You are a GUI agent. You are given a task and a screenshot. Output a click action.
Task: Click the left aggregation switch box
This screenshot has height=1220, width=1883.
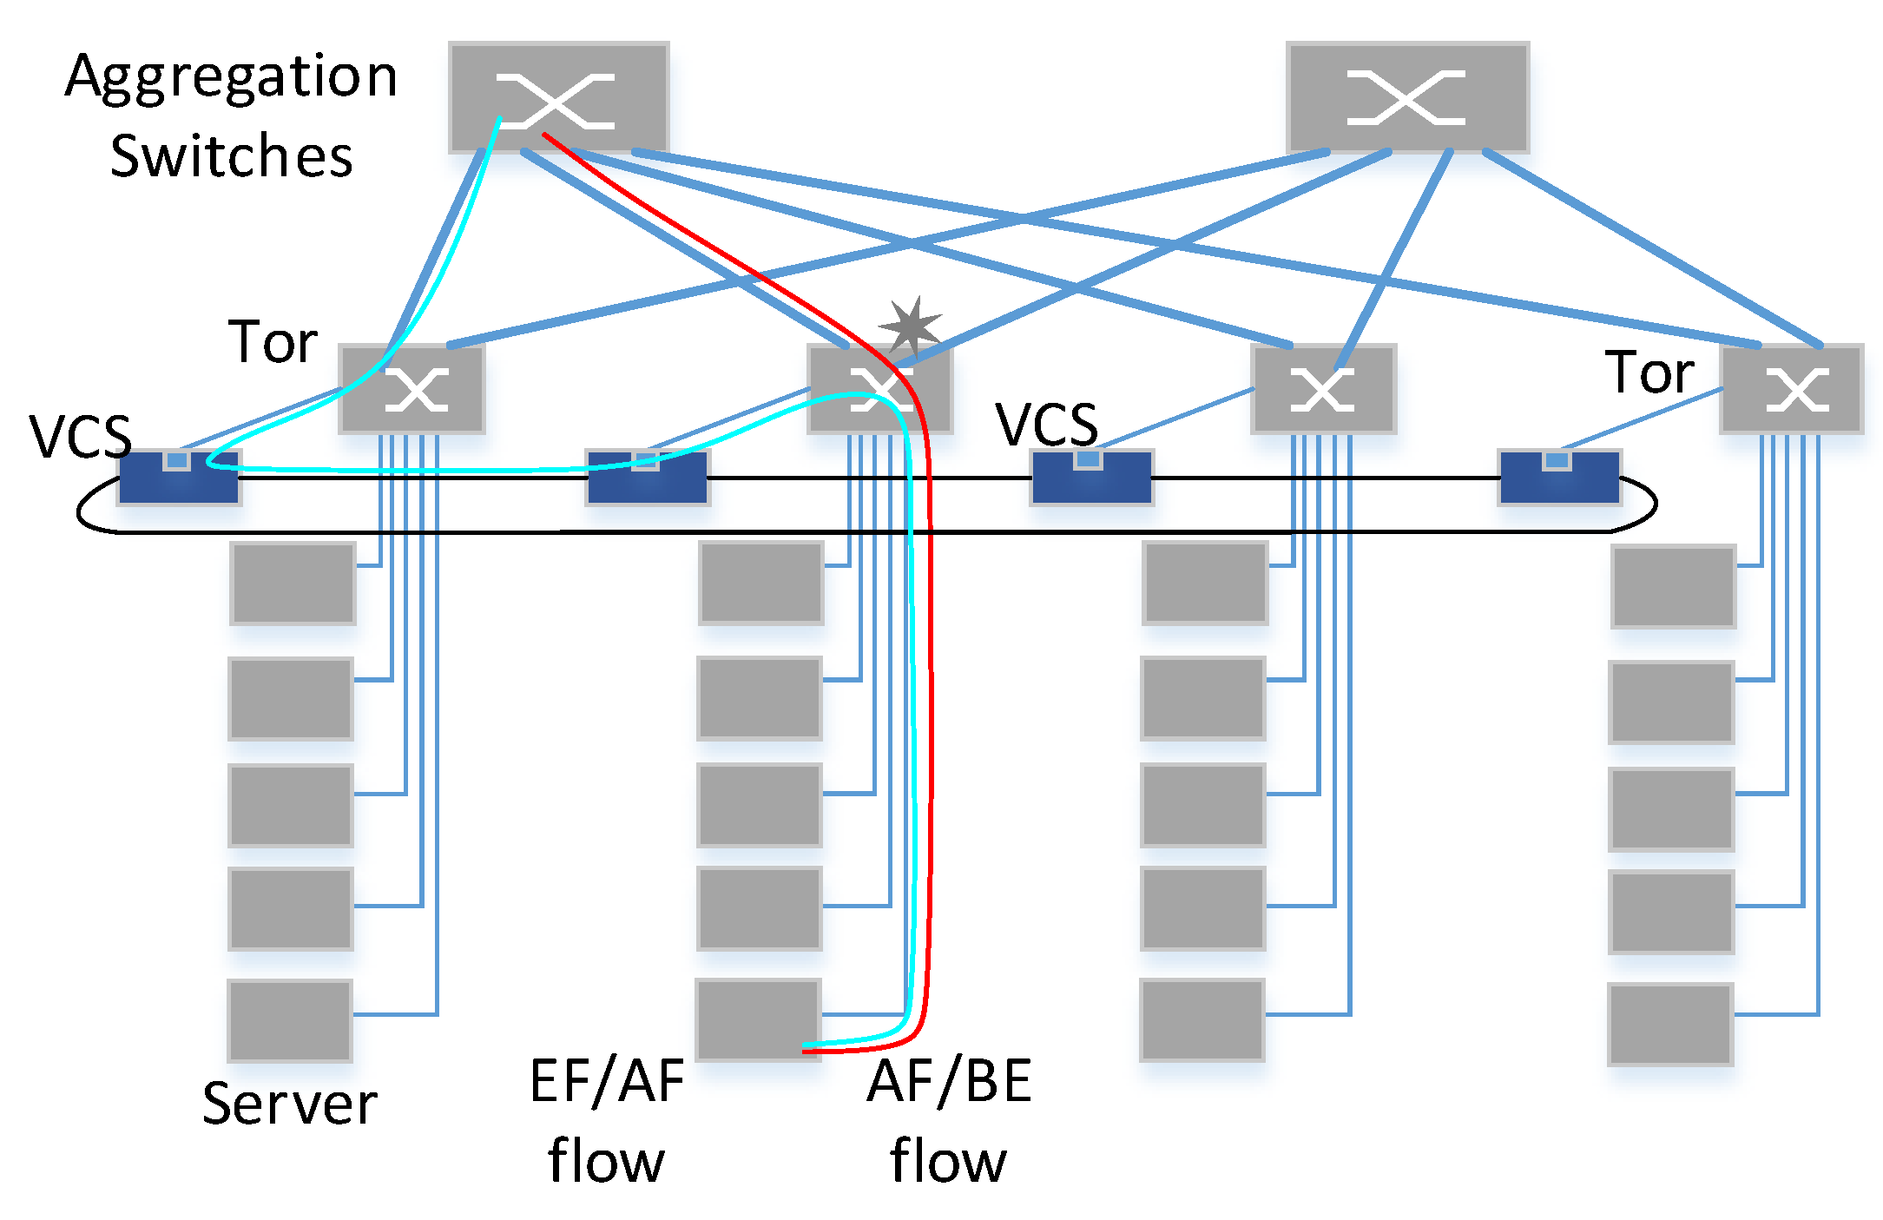tap(558, 97)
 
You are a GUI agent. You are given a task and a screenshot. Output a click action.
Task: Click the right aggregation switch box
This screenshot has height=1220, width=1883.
tap(1406, 97)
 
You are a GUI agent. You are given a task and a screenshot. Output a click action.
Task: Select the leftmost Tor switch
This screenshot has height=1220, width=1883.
tap(412, 388)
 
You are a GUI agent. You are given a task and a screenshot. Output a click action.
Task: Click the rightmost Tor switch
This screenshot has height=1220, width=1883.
tap(1792, 388)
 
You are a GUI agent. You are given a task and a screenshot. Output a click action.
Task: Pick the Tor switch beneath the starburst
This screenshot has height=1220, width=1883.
tap(879, 388)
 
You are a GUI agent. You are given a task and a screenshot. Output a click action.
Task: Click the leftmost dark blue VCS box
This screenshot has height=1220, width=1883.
tap(179, 477)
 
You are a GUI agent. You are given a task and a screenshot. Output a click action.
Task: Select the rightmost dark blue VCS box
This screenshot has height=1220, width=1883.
tap(1559, 477)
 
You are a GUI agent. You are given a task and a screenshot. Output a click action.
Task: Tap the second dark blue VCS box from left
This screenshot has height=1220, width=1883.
tap(648, 477)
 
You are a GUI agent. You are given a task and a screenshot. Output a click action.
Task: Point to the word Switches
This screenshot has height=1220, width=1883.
tap(231, 156)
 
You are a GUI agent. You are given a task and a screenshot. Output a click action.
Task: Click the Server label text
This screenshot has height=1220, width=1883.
tap(289, 1104)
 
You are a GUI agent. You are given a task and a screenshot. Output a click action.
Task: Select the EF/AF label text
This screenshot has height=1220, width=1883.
tap(607, 1082)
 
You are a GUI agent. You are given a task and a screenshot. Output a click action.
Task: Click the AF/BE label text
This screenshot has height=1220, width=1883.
tap(949, 1082)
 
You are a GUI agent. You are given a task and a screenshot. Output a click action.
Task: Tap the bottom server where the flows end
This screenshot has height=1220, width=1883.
tap(758, 1019)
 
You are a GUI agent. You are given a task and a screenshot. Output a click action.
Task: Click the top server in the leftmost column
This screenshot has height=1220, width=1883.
tap(293, 583)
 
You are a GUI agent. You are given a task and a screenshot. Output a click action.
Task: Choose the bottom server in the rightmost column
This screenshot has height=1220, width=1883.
tap(1670, 1024)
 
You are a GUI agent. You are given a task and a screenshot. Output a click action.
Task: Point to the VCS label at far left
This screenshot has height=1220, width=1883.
tap(80, 436)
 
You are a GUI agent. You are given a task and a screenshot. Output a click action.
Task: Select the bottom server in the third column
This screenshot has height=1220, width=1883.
tap(1202, 1019)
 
